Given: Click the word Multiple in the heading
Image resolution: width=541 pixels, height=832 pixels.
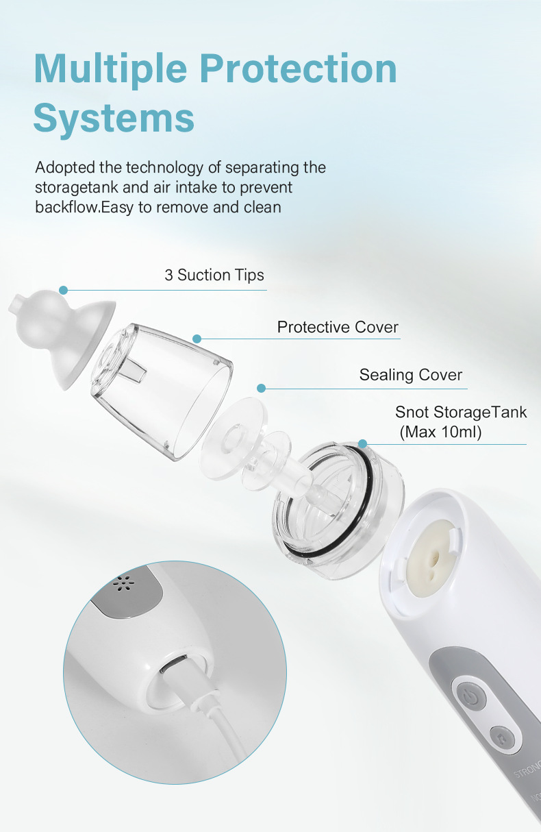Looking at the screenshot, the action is click(110, 69).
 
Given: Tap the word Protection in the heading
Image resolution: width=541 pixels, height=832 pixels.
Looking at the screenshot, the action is click(299, 68).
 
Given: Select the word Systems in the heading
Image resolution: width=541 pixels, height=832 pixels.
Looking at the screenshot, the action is click(114, 119).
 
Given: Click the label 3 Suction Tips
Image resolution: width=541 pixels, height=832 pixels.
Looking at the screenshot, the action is click(214, 276).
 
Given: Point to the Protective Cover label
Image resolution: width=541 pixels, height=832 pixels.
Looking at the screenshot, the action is click(338, 327).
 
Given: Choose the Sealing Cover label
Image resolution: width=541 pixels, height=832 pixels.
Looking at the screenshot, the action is click(411, 375).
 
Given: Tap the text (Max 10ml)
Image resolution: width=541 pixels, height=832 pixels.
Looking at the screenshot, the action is click(440, 432).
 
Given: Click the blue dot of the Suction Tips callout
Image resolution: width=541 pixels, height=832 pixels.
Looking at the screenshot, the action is click(64, 290).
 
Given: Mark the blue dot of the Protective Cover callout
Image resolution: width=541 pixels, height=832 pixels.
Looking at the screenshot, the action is click(197, 339).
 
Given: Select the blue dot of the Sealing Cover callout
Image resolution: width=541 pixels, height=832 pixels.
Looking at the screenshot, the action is click(261, 388).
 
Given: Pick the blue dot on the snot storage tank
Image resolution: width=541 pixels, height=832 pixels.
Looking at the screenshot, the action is click(363, 443).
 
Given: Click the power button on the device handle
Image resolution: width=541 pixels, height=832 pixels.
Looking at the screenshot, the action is click(471, 698).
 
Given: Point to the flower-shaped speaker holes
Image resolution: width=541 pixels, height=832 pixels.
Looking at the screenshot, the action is click(123, 585).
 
